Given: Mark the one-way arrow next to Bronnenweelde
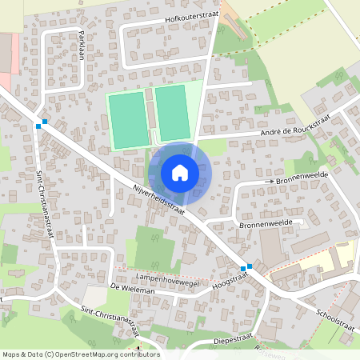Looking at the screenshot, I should pos(270,182).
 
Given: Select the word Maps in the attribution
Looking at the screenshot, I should pos(11,354).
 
